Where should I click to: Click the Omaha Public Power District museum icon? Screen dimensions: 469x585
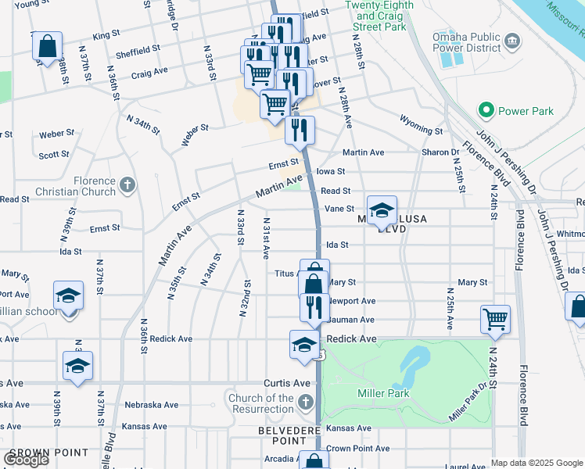tap(512, 41)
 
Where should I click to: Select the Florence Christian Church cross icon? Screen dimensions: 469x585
tap(127, 186)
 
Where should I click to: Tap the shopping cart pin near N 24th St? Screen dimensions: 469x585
tap(495, 319)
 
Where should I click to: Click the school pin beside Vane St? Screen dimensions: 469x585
tap(382, 209)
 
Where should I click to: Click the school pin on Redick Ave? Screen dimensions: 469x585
tap(304, 343)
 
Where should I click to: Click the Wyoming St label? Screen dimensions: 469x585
tap(422, 125)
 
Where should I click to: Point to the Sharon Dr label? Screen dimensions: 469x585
tap(441, 152)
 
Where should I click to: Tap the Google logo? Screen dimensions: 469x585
tap(26, 459)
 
